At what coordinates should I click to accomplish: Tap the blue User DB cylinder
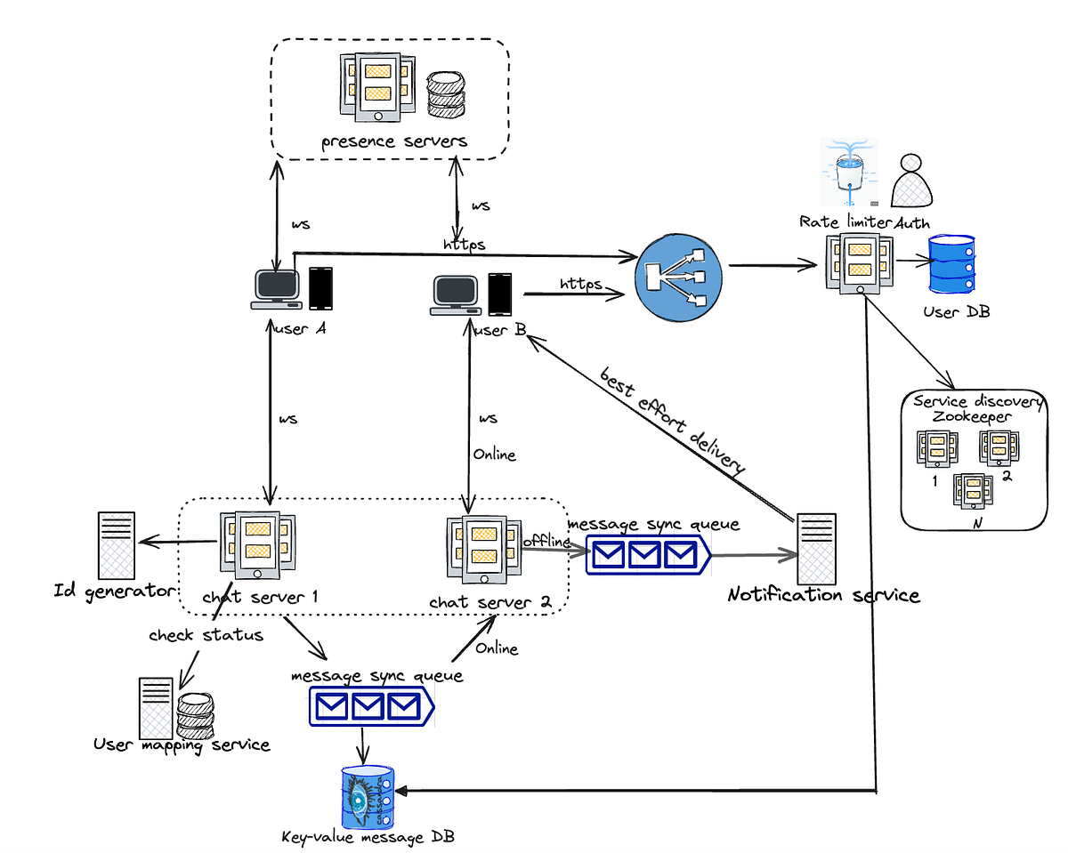click(953, 265)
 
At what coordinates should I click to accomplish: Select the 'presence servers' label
click(393, 141)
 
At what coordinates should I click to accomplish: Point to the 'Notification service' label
click(824, 595)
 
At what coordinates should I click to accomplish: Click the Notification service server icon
click(816, 546)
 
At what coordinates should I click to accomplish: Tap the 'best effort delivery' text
click(673, 419)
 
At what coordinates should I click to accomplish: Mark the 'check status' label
click(206, 635)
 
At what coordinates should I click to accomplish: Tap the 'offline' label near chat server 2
click(546, 540)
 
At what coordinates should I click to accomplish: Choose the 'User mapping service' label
click(182, 744)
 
